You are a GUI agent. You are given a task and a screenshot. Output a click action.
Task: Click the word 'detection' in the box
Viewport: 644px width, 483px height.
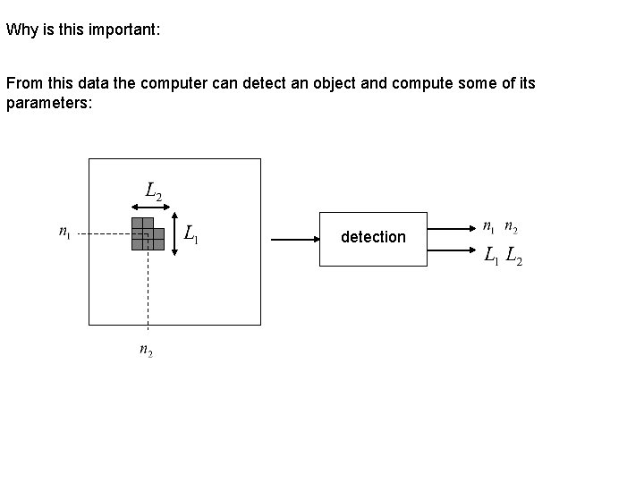tap(373, 237)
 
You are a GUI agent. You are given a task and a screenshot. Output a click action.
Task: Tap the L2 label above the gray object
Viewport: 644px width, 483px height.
tap(153, 191)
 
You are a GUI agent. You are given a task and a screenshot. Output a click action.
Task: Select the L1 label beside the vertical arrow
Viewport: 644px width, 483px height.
tap(191, 235)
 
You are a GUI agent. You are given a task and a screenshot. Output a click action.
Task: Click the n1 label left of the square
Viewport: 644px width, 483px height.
tap(64, 233)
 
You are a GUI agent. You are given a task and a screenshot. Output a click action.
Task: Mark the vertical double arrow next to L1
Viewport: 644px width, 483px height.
tap(174, 234)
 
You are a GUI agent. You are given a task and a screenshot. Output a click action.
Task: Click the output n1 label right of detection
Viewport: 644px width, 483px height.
tap(488, 228)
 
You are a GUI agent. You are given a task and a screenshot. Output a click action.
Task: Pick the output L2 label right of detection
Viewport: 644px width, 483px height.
tap(515, 258)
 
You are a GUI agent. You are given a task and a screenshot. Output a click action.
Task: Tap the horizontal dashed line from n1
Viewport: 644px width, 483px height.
tap(103, 234)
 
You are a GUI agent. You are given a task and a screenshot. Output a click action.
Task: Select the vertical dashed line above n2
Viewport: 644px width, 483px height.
tap(148, 295)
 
